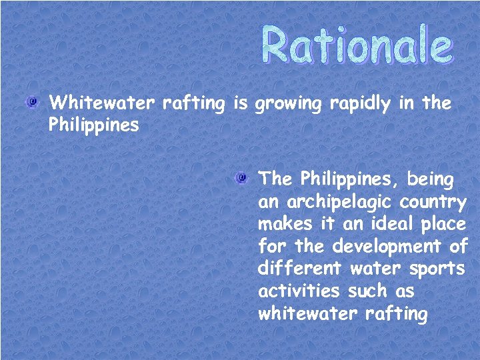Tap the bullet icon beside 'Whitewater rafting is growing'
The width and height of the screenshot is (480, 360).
tap(31, 102)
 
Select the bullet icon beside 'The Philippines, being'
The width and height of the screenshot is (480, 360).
tap(241, 178)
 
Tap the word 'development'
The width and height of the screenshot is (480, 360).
tap(387, 246)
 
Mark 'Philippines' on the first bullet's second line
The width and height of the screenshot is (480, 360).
tap(94, 126)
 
